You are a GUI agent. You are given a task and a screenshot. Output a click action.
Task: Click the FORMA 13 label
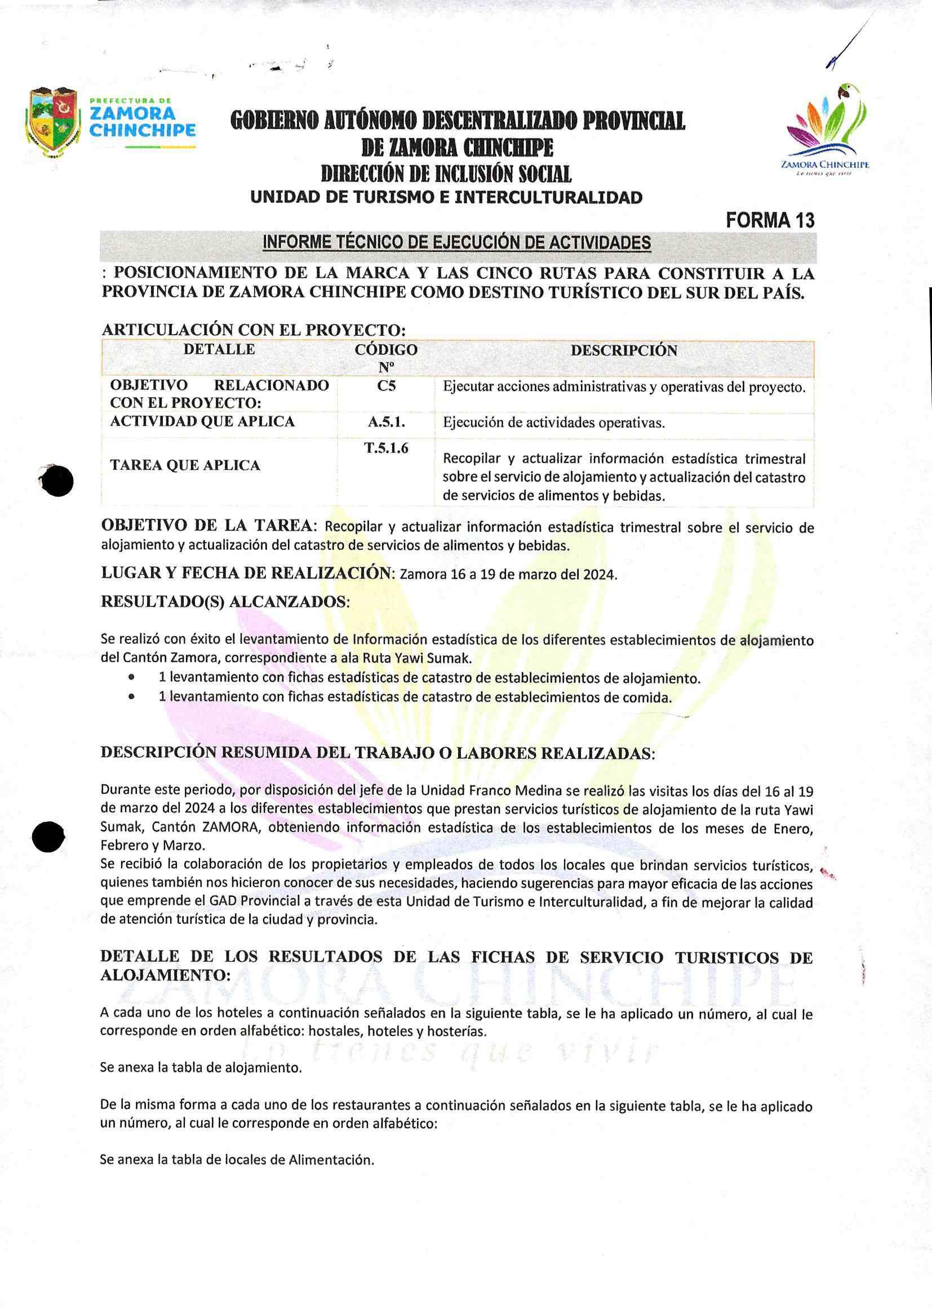pyautogui.click(x=770, y=220)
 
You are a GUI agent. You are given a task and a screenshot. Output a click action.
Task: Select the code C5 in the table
pyautogui.click(x=386, y=386)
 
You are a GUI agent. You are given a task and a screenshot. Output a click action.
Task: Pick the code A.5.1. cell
pyautogui.click(x=386, y=423)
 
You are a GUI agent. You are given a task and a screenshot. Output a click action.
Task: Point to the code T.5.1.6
pyautogui.click(x=386, y=448)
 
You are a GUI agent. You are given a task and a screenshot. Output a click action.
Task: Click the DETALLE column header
pyautogui.click(x=219, y=349)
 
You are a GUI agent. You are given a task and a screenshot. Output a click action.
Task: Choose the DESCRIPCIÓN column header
pyautogui.click(x=624, y=350)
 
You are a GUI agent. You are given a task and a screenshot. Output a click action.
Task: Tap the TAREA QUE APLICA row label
pyautogui.click(x=185, y=465)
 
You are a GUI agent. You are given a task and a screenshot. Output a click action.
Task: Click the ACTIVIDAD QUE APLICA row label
pyautogui.click(x=202, y=422)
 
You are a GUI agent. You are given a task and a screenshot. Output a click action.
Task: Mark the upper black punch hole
pyautogui.click(x=57, y=481)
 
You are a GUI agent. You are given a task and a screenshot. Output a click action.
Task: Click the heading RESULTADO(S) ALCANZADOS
pyautogui.click(x=225, y=601)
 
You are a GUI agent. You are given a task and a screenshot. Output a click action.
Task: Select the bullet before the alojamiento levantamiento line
pyautogui.click(x=132, y=678)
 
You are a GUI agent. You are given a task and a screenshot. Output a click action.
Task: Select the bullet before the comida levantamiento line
pyautogui.click(x=132, y=697)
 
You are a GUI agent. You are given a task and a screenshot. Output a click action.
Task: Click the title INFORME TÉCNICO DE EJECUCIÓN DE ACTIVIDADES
pyautogui.click(x=457, y=243)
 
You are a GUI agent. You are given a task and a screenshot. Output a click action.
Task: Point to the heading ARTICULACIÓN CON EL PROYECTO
pyautogui.click(x=254, y=330)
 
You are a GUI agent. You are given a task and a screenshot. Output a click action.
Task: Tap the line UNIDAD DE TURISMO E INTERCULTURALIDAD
pyautogui.click(x=446, y=198)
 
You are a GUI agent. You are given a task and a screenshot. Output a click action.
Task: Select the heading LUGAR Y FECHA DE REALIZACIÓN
pyautogui.click(x=248, y=573)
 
